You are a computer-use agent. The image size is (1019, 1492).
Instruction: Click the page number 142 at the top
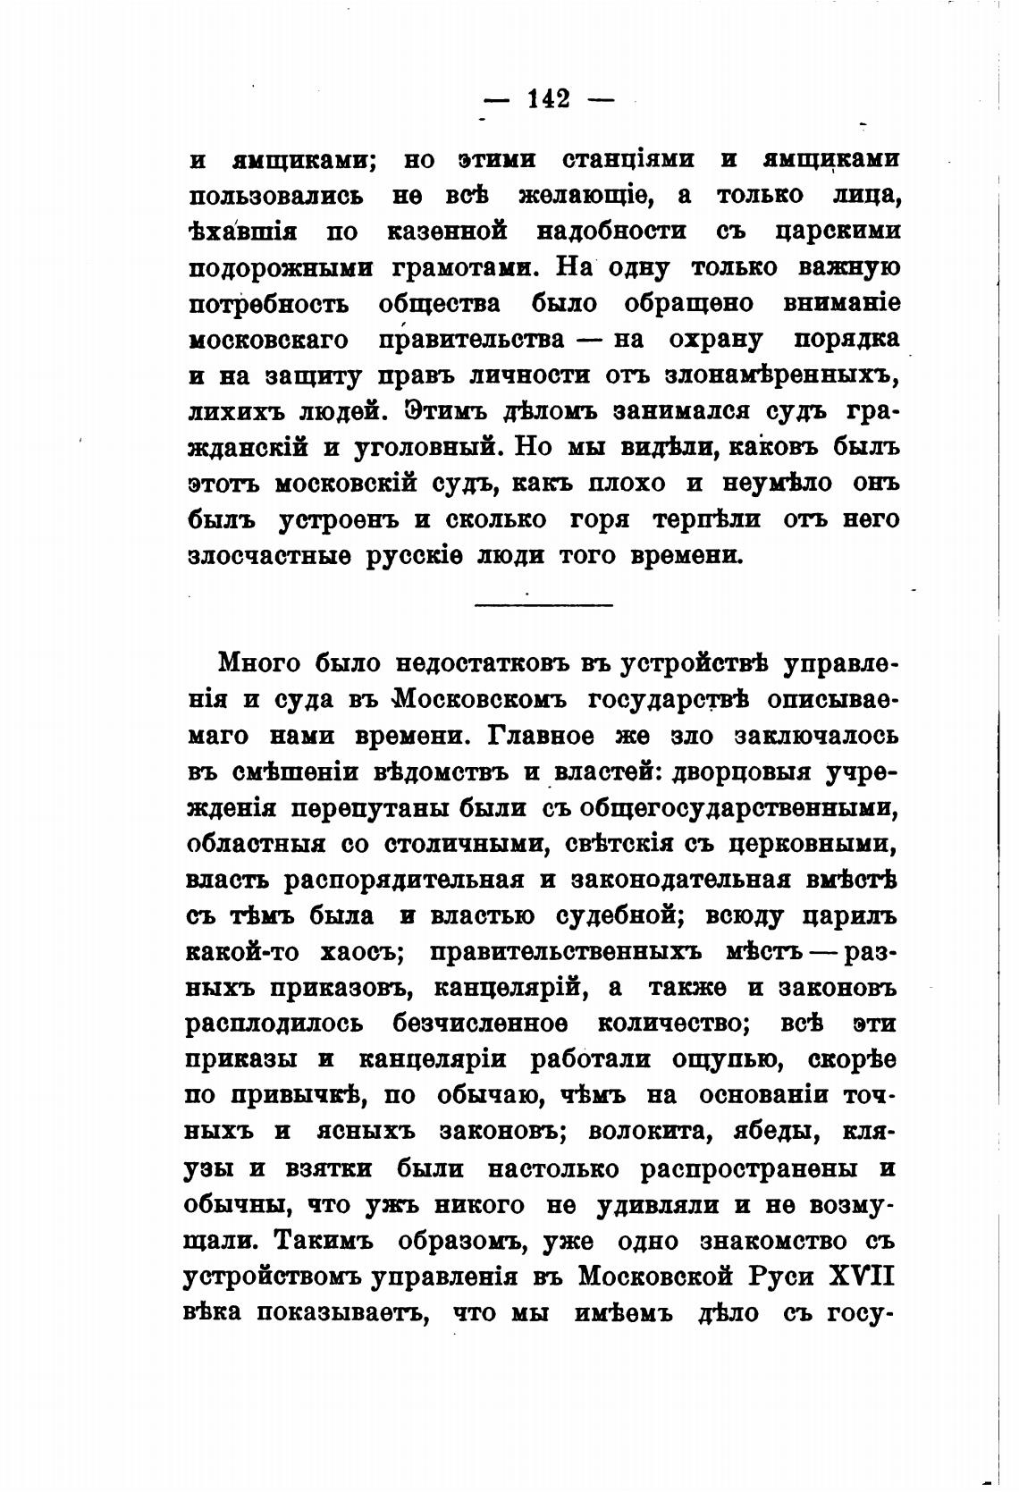(548, 98)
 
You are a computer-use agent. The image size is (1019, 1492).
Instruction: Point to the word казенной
(447, 232)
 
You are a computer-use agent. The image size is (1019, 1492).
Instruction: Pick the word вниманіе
(840, 303)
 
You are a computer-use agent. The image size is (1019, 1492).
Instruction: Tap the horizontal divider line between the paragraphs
(543, 606)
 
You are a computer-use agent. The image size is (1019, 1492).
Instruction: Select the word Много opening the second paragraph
(261, 664)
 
